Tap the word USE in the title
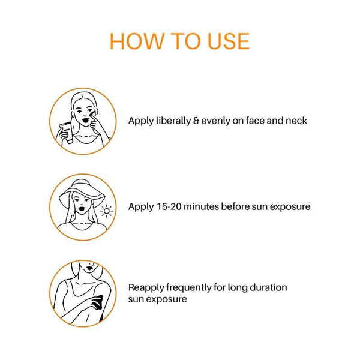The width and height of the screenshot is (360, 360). [229, 41]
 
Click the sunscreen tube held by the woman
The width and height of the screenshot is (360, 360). [66, 133]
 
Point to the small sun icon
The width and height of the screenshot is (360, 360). [106, 211]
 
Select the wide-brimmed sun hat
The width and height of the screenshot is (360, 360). [82, 191]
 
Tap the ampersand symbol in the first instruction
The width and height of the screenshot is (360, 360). [196, 121]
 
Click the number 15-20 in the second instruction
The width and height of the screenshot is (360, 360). [169, 206]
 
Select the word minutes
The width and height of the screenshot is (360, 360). [202, 206]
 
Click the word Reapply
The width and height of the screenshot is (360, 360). [146, 288]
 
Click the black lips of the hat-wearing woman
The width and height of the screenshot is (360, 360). [82, 209]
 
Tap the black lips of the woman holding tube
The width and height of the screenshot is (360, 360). [86, 120]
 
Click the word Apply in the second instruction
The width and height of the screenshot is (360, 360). [141, 207]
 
